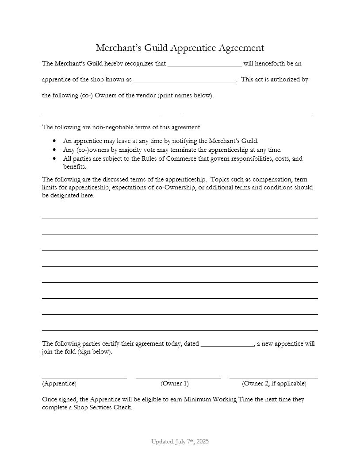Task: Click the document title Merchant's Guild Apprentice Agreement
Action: point(180,48)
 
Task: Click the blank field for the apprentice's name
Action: point(204,65)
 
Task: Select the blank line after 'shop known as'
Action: point(184,81)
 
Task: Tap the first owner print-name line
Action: point(102,113)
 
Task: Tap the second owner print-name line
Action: point(247,113)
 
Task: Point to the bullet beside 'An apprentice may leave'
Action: point(54,141)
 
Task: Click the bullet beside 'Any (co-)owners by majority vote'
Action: point(54,150)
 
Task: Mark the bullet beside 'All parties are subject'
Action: point(54,158)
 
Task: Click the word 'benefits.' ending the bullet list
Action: point(75,167)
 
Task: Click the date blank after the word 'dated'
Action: point(227,345)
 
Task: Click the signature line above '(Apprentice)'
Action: point(84,377)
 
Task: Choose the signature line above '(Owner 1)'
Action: point(178,377)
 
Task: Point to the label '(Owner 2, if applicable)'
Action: point(274,384)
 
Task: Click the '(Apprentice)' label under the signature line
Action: point(59,384)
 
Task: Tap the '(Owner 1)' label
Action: point(175,384)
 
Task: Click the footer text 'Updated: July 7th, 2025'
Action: point(180,442)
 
